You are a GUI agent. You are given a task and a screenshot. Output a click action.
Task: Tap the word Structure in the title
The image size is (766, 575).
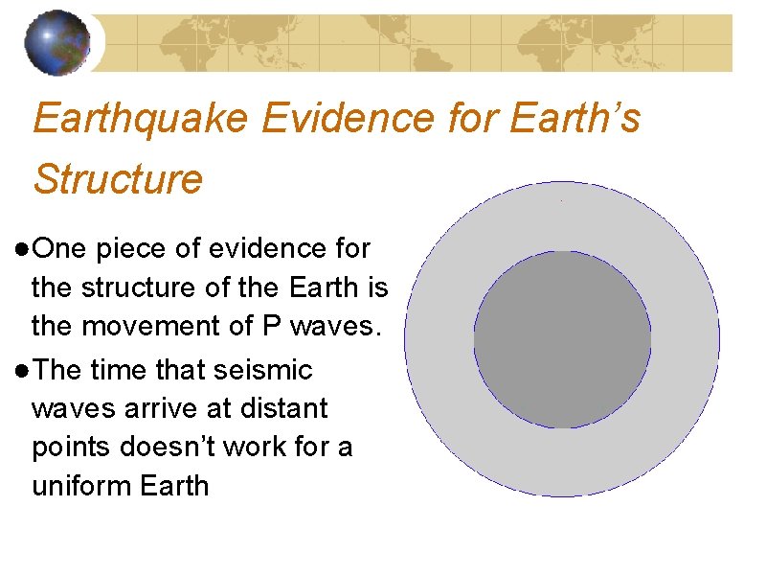[x=118, y=178]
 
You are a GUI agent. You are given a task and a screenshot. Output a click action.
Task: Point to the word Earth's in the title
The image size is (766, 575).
[x=576, y=120]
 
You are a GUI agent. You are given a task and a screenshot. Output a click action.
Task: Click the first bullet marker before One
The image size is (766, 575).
[x=22, y=249]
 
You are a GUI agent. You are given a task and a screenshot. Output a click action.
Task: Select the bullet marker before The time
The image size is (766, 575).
[x=22, y=370]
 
